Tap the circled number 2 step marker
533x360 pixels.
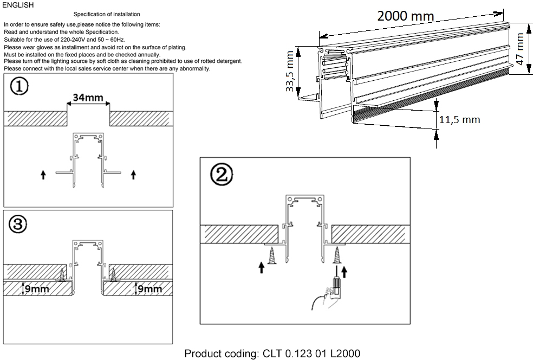221,173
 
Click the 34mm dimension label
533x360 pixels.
88,98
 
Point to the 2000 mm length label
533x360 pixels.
405,16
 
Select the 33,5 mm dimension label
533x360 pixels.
291,71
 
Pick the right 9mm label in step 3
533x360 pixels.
149,288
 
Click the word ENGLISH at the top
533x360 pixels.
18,5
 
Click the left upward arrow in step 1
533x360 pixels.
43,175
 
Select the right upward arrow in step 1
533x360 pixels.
134,175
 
